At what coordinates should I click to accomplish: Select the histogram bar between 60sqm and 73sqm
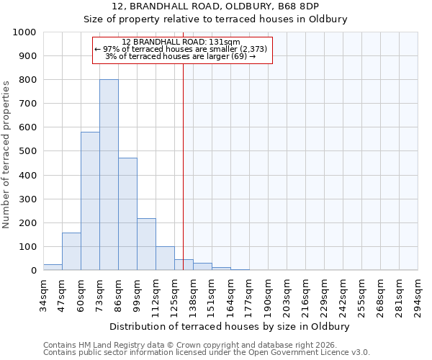coord(90,201)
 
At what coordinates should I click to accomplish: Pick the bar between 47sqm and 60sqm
coord(71,251)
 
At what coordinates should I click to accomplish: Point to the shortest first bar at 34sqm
coord(53,267)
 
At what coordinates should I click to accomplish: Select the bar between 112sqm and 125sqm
coord(165,258)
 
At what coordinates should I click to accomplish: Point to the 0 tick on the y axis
coord(34,271)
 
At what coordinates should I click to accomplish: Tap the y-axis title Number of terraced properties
coord(6,155)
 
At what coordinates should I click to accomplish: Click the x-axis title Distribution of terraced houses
coord(230,326)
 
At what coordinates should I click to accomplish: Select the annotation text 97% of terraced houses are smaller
coord(181,49)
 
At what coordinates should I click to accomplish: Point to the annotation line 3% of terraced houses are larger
coord(181,56)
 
